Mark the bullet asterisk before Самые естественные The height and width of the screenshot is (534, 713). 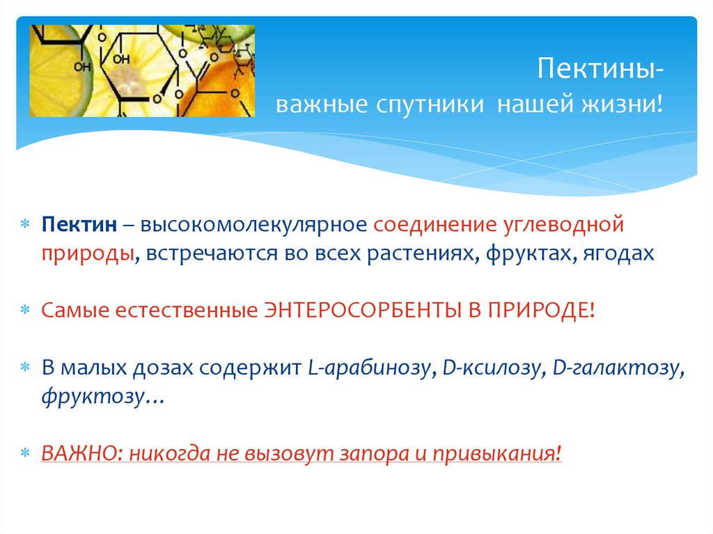tap(25, 311)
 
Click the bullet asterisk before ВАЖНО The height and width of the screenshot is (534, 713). tap(25, 454)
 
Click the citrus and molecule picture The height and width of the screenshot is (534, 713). tap(142, 71)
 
